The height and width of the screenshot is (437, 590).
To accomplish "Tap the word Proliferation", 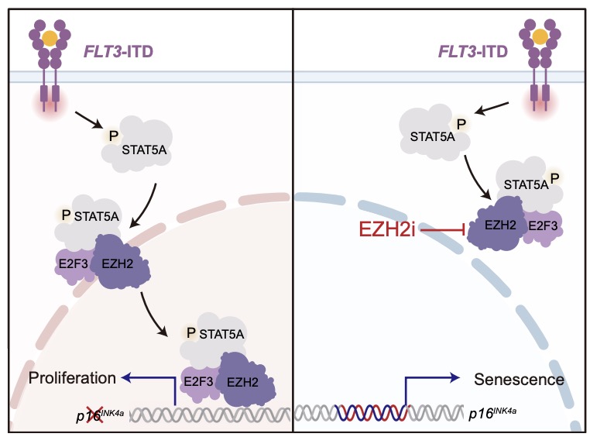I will [72, 378].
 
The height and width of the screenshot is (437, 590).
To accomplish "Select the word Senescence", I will [519, 380].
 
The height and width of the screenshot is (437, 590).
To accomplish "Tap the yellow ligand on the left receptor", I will [50, 36].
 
